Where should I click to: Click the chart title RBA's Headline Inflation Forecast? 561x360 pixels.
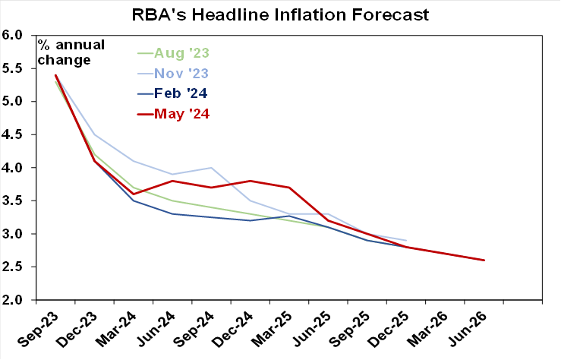point(281,14)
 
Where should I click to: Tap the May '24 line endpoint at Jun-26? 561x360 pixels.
point(484,261)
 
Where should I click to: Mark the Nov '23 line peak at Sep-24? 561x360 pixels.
point(211,168)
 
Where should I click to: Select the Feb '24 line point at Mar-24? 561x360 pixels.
point(134,201)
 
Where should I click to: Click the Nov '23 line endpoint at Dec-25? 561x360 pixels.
point(406,241)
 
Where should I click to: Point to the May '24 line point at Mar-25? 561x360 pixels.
point(289,188)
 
